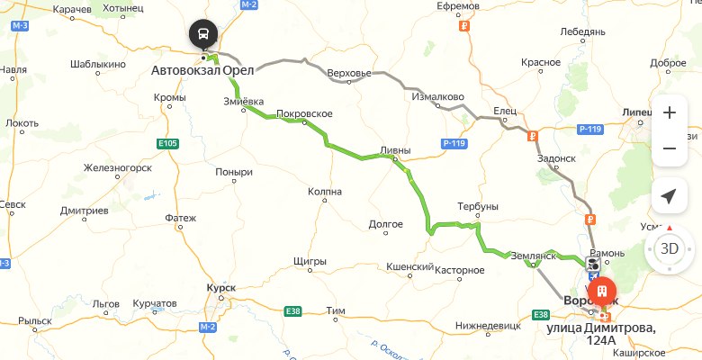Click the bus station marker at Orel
coord(202,34)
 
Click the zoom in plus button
coord(669,113)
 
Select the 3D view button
coord(669,247)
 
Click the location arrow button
coord(669,196)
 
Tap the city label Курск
coord(220,287)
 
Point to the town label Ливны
coord(395,150)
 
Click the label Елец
coord(503,112)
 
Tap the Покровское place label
coord(305,113)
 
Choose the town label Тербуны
coord(477,206)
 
